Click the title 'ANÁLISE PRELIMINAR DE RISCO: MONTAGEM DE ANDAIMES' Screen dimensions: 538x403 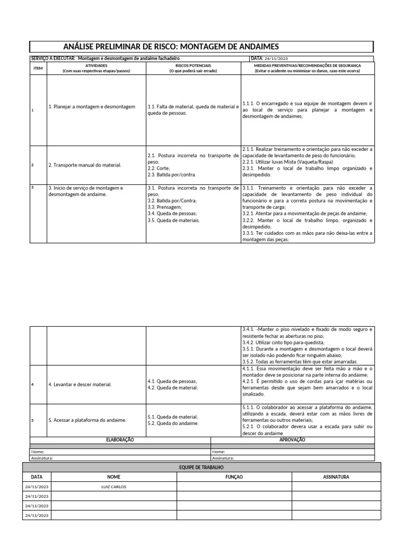pos(171,47)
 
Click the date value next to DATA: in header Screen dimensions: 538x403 pos(277,58)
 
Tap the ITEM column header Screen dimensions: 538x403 pos(38,68)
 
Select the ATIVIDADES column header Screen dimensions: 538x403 pos(96,66)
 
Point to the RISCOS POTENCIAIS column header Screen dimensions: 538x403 pos(193,66)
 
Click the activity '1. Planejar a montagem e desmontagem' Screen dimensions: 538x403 pos(92,107)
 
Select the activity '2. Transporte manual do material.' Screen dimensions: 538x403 pos(84,165)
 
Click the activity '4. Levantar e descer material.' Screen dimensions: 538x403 pos(80,385)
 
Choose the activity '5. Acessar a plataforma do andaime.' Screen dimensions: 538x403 pos(87,420)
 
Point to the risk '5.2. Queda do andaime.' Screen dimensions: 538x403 pos(173,423)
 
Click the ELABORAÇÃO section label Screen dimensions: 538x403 pos(120,439)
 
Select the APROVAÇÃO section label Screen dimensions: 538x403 pos(293,439)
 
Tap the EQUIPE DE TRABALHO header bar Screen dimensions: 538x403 pos(201,467)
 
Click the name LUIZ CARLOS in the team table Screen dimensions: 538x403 pos(113,487)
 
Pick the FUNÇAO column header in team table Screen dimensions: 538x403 pos(234,477)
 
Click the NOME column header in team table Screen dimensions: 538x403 pos(113,477)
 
